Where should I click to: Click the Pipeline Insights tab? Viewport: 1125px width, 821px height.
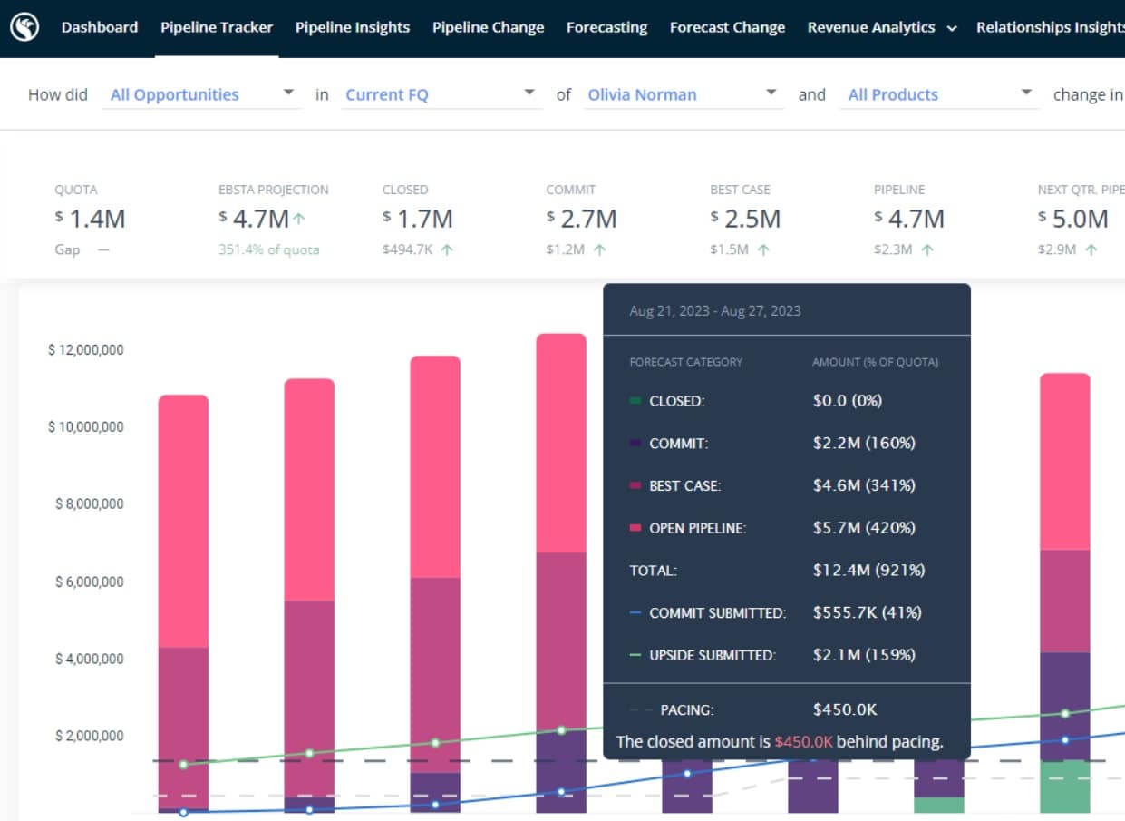coord(352,27)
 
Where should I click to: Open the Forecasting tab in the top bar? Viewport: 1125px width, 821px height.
coord(606,27)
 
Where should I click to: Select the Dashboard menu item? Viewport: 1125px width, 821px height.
coord(100,27)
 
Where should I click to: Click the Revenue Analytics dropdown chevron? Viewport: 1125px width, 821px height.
coord(951,29)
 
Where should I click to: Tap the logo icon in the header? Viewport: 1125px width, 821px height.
coord(24,27)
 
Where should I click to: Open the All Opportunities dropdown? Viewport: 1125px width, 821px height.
coord(201,94)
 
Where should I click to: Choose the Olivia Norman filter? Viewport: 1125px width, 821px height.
coord(684,94)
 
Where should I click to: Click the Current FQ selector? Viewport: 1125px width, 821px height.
coord(441,94)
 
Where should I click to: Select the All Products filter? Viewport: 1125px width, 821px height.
coord(939,94)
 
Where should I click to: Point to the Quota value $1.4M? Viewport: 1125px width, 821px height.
coord(91,219)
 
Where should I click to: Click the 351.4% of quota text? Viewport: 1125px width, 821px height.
coord(268,249)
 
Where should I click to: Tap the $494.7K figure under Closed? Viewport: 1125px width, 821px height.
coord(407,249)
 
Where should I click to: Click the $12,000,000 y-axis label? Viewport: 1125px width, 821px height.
coord(86,349)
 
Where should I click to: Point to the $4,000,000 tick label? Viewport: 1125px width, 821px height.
coord(90,659)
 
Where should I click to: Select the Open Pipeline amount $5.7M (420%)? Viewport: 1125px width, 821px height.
coord(864,528)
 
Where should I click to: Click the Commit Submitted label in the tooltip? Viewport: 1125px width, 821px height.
coord(718,613)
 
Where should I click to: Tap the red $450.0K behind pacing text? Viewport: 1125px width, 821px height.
coord(803,741)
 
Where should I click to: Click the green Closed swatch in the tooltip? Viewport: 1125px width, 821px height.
coord(635,400)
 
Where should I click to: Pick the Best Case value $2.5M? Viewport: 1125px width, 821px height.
coord(746,219)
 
